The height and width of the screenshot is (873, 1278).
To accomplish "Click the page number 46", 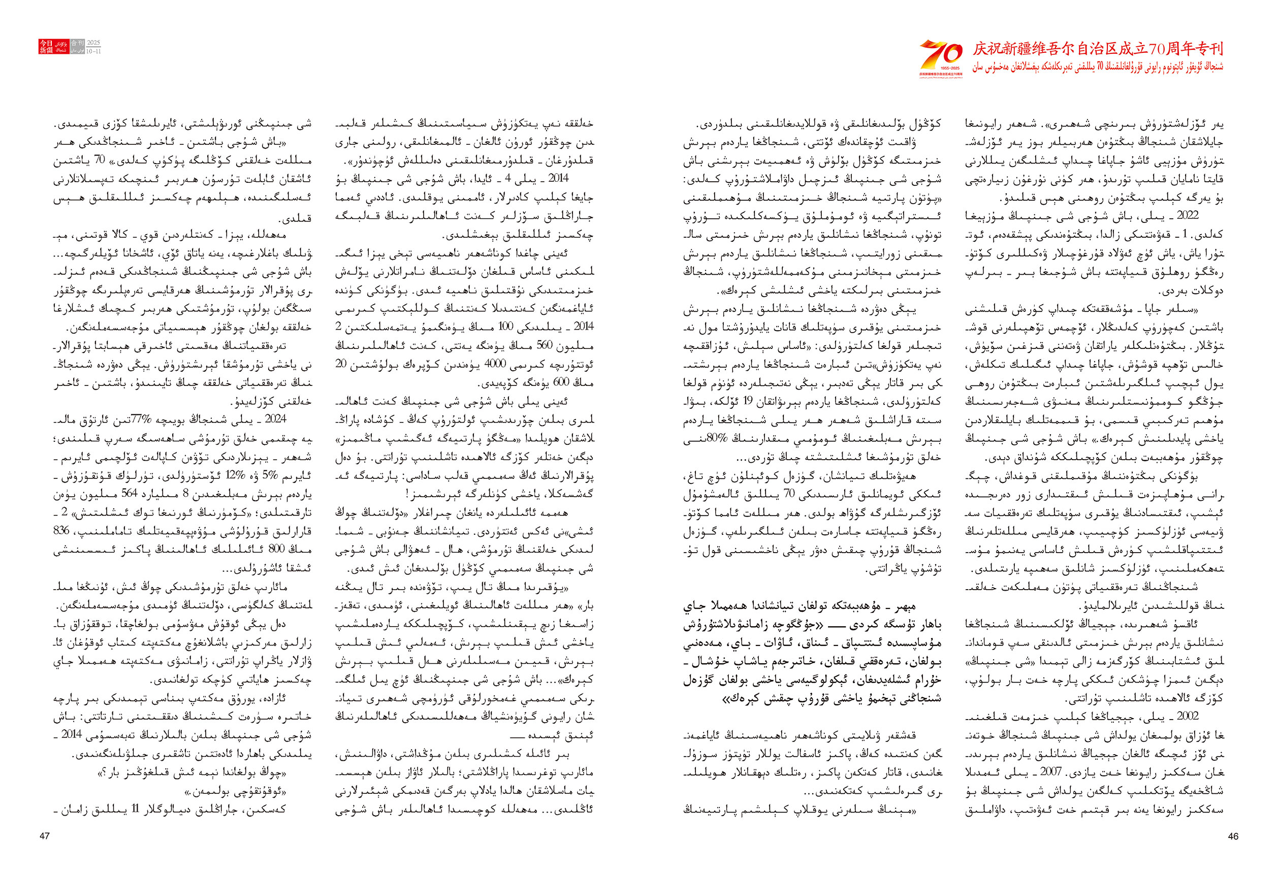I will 1233,836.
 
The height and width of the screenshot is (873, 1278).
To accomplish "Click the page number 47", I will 45,836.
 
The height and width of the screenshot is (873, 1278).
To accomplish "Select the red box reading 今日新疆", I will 46,46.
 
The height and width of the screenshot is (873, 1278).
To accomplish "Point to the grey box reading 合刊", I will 78,43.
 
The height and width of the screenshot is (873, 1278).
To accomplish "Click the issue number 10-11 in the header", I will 93,51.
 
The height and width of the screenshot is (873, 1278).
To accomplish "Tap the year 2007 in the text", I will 1051,772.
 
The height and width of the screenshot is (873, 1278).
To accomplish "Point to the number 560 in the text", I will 544,345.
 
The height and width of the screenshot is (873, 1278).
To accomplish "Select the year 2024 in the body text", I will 275,419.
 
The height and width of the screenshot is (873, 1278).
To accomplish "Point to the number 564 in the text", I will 129,494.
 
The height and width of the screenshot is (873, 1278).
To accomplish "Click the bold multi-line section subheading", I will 812,653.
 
